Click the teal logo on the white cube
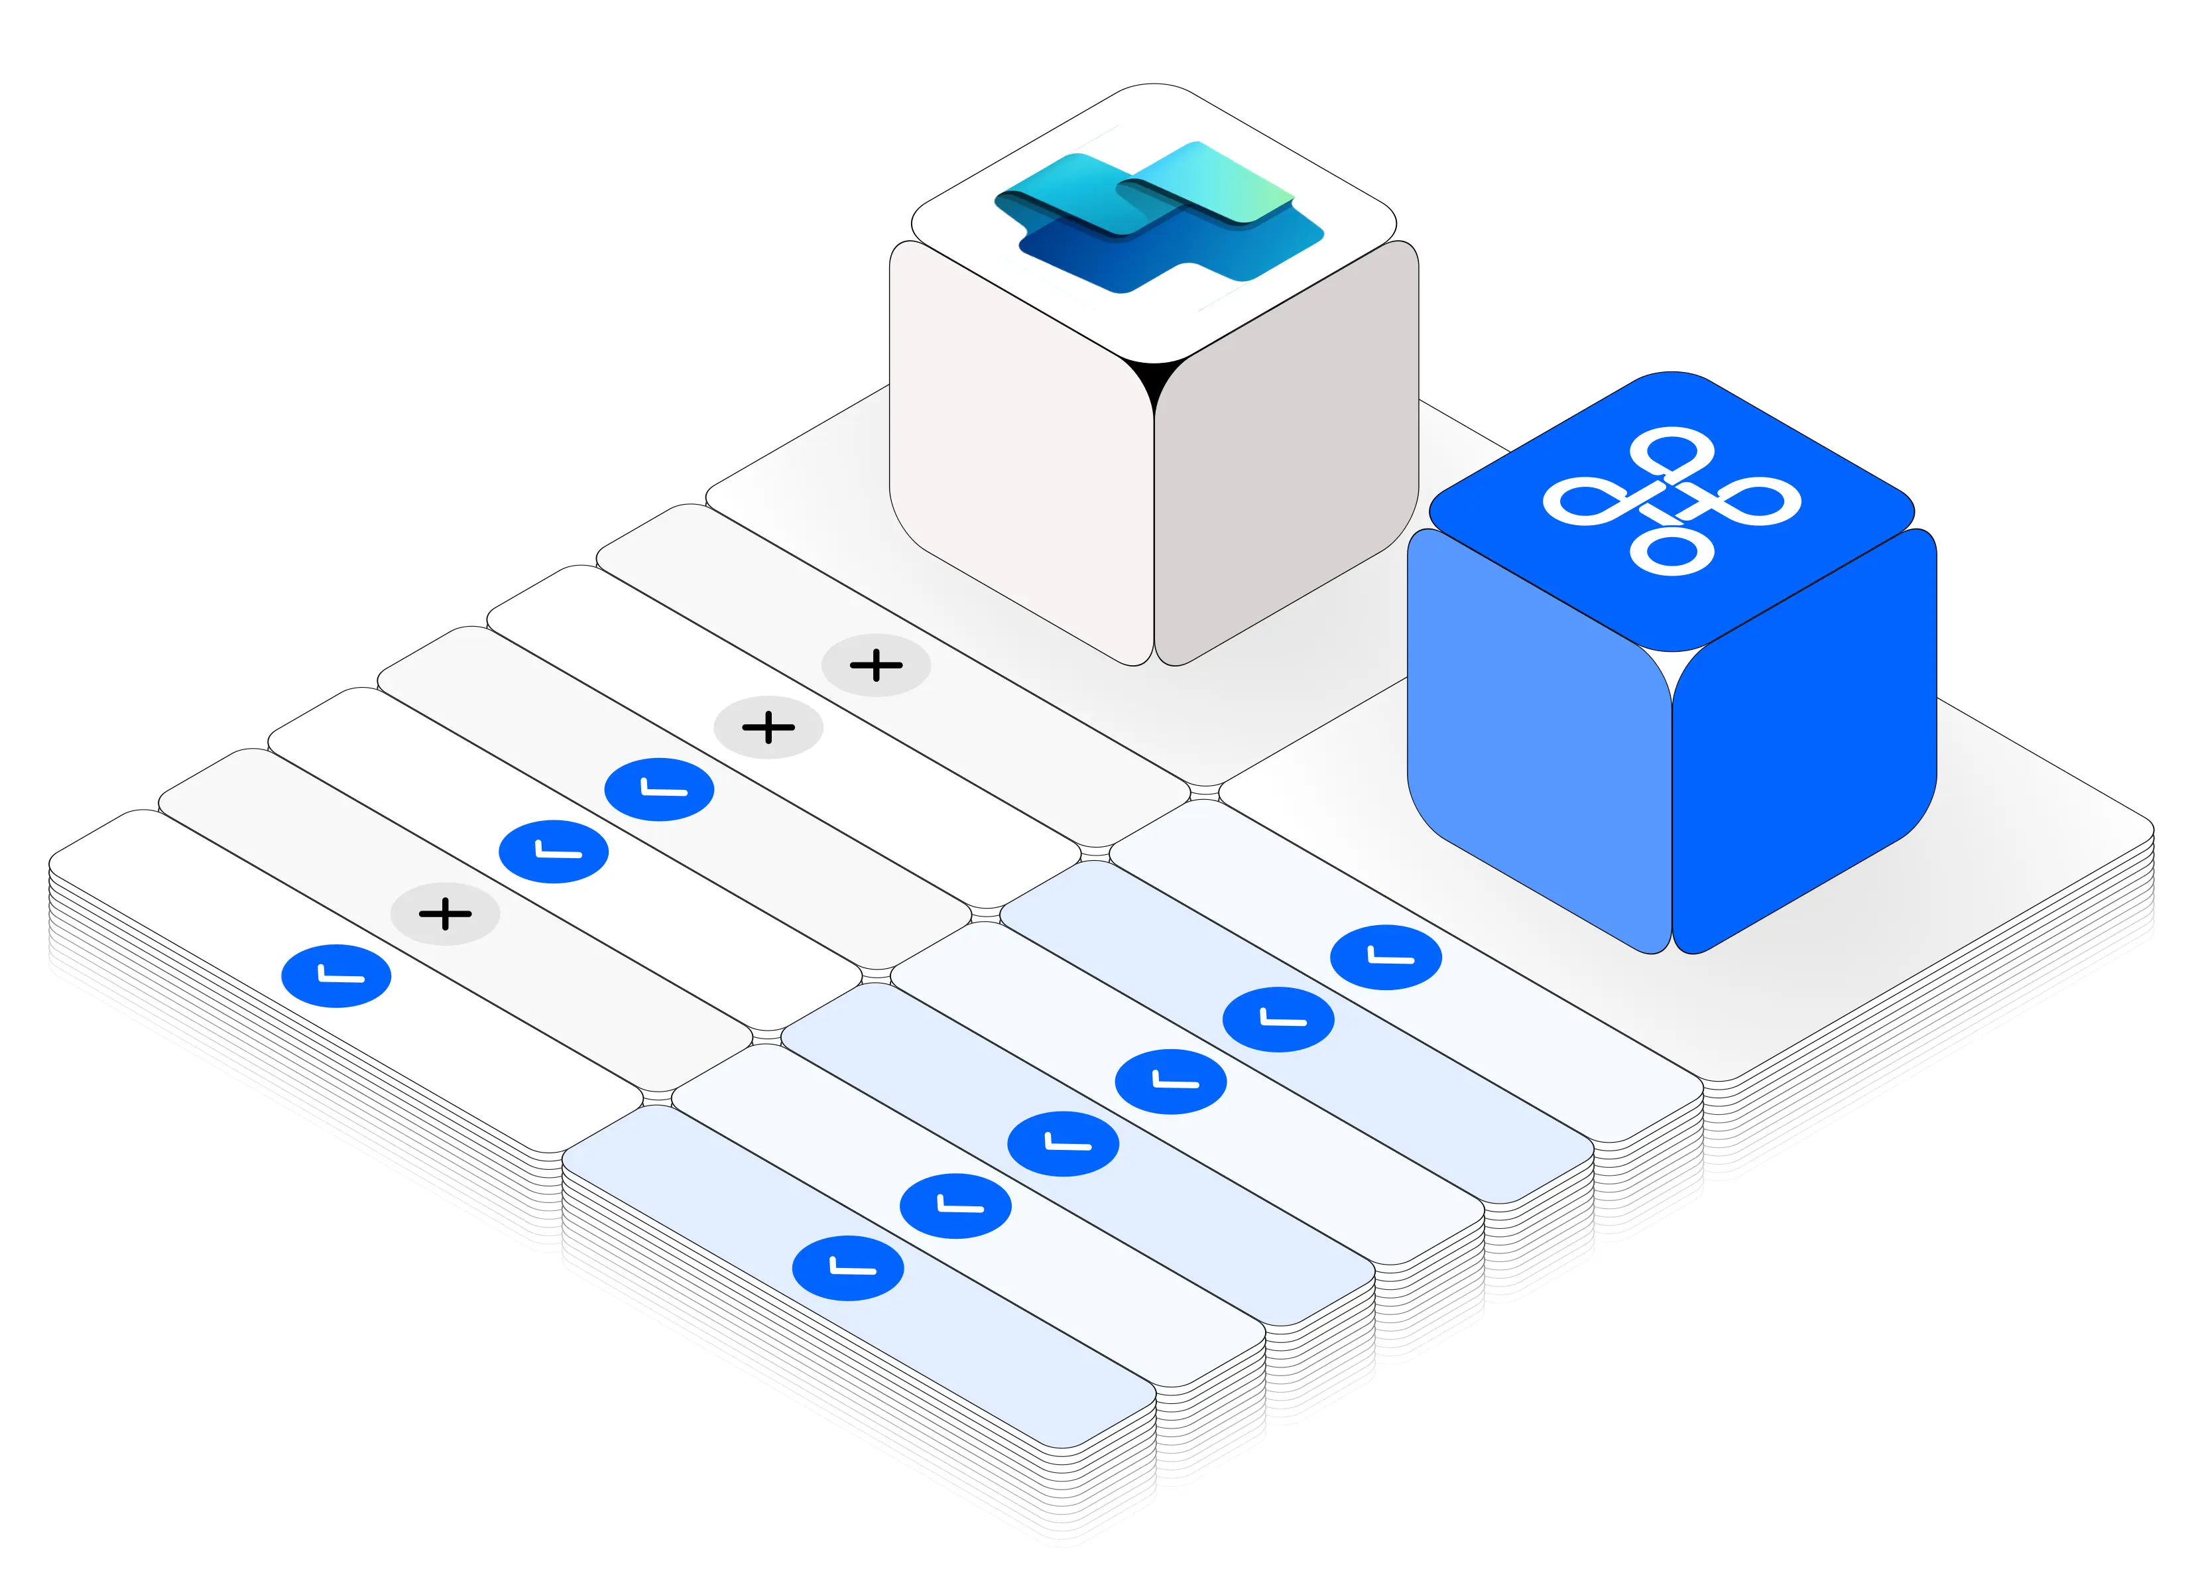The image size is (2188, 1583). (x=1158, y=217)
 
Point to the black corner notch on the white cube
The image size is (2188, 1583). (x=1154, y=376)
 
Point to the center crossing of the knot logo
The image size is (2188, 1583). (x=1672, y=499)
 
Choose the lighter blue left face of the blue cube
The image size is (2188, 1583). (x=1539, y=743)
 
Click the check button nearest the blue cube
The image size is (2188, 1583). (x=1385, y=958)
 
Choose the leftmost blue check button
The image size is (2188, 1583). (x=335, y=976)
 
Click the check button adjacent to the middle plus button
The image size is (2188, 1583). (x=659, y=790)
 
